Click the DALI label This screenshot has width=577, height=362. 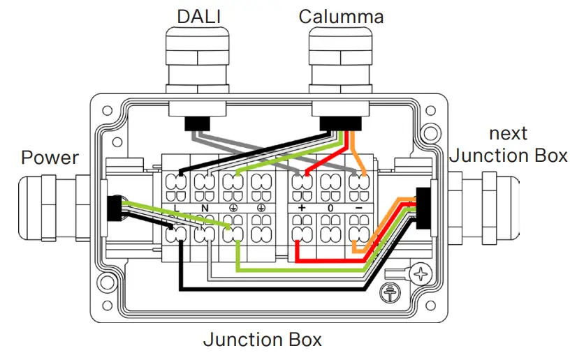[198, 15]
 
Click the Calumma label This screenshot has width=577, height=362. [341, 15]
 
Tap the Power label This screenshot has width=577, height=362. [50, 157]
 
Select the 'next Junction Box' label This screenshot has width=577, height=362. [509, 144]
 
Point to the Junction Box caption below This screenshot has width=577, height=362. [262, 340]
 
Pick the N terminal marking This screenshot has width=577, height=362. [205, 208]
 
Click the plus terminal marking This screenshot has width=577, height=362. [302, 208]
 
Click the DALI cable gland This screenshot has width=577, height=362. [198, 63]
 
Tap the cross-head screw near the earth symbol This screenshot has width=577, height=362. [421, 275]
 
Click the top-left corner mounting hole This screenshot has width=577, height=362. [107, 112]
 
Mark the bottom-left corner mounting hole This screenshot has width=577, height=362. [107, 284]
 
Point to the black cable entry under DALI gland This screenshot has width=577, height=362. [198, 123]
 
